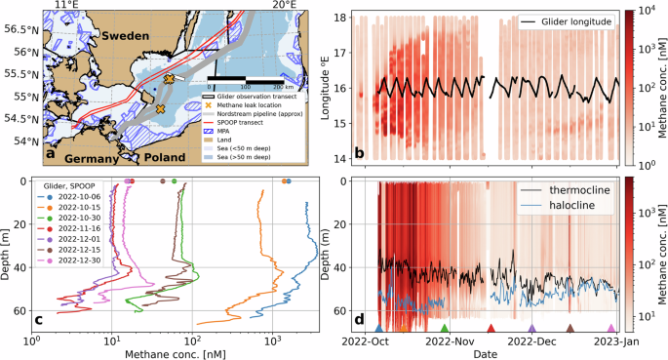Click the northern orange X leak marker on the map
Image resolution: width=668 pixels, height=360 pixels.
pyautogui.click(x=169, y=78)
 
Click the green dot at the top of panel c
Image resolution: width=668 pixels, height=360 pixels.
pyautogui.click(x=174, y=181)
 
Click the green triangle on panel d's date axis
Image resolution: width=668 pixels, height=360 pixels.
pyautogui.click(x=445, y=329)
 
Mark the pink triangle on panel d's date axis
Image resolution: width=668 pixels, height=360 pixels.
pyautogui.click(x=611, y=329)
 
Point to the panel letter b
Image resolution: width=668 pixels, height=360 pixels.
pyautogui.click(x=359, y=151)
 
